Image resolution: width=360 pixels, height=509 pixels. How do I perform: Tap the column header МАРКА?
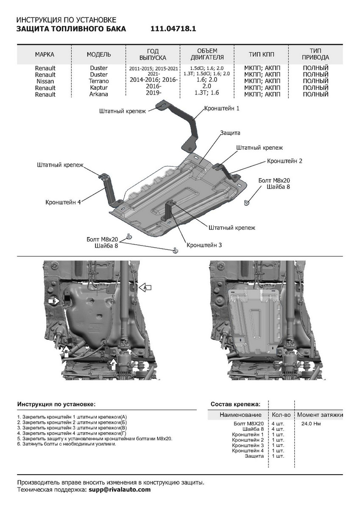(x=45, y=55)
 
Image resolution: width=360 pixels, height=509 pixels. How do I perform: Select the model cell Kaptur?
(x=99, y=87)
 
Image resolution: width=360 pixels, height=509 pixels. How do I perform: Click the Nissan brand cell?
(x=45, y=81)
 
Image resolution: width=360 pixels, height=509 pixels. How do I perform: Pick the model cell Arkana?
(x=99, y=94)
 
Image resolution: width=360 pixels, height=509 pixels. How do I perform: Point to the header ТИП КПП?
(x=262, y=55)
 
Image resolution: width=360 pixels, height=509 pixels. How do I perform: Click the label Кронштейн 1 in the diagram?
(x=222, y=109)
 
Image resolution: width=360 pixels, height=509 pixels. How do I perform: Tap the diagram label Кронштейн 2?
(x=285, y=161)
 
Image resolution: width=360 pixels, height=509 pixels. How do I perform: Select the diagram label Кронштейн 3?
(x=204, y=245)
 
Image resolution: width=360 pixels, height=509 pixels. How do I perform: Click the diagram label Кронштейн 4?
(x=63, y=202)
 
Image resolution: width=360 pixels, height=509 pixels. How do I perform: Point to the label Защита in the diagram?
(x=230, y=133)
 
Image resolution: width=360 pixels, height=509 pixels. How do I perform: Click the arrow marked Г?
(x=113, y=364)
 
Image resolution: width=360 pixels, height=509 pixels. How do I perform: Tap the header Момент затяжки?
(x=320, y=414)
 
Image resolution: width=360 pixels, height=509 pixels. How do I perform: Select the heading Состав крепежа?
(x=235, y=404)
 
